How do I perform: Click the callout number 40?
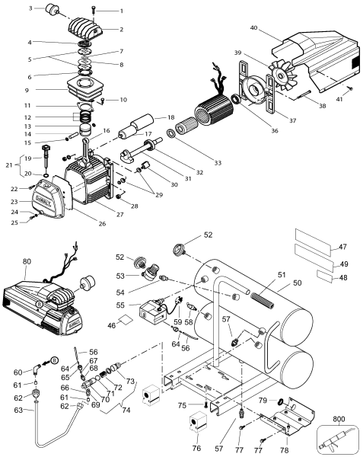[254, 29]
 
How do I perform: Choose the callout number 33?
[196, 163]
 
